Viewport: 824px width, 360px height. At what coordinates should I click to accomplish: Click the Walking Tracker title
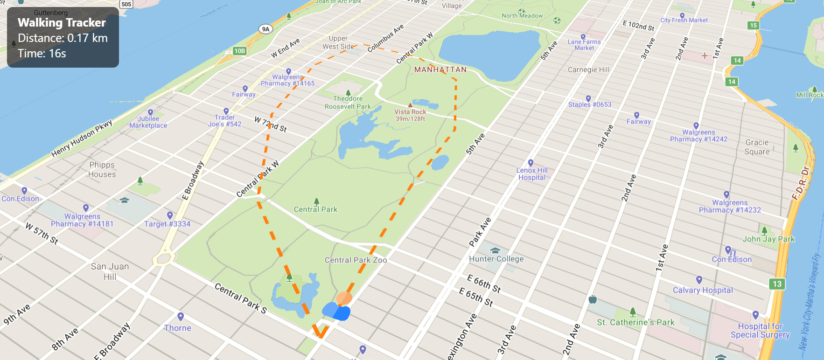[62, 23]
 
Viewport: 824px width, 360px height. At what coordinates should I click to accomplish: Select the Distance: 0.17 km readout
[63, 38]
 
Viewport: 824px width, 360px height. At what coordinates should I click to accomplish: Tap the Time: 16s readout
[42, 54]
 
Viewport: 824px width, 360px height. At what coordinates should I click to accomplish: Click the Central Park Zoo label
[356, 260]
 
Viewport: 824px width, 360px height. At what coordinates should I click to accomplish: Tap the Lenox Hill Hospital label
[532, 174]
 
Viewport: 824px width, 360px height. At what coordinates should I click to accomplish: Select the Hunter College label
[496, 259]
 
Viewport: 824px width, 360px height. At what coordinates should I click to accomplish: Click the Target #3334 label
[167, 224]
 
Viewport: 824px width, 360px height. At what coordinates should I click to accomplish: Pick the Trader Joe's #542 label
[225, 121]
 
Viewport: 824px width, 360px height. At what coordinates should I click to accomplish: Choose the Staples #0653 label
[589, 104]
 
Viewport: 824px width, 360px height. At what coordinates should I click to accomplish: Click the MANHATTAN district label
[440, 70]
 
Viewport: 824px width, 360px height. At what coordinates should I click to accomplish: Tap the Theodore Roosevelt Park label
[348, 103]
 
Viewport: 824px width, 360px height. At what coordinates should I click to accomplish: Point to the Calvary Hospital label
[703, 290]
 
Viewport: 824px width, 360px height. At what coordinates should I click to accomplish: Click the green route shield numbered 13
[777, 284]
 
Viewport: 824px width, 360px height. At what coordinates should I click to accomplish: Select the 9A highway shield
[265, 29]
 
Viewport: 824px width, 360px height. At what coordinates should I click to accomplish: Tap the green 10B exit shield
[239, 51]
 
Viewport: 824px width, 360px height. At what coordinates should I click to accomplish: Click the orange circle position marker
[344, 298]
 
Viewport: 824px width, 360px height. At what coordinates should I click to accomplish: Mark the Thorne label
[178, 328]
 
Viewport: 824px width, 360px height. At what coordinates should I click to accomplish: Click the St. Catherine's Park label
[635, 322]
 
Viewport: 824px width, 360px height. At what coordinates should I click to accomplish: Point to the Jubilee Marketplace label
[148, 122]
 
